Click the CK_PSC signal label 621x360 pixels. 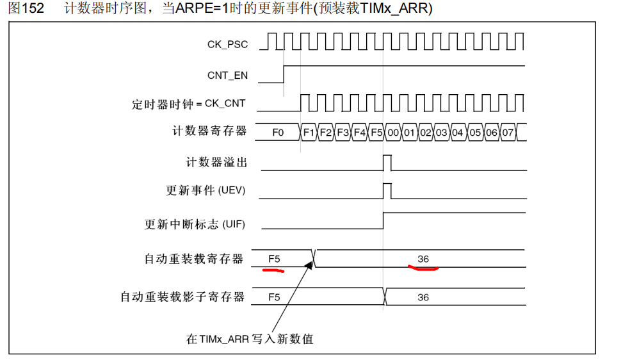(x=227, y=44)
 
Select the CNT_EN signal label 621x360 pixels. (x=227, y=75)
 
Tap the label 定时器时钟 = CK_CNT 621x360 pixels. (x=189, y=103)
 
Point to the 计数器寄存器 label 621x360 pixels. (x=209, y=131)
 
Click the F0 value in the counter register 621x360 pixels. (x=278, y=133)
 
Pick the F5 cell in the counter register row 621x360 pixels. (x=376, y=133)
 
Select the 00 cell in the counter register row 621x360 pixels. (x=392, y=133)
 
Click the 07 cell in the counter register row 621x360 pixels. (x=508, y=133)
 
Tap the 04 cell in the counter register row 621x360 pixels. (x=458, y=133)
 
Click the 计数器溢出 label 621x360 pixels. (x=216, y=163)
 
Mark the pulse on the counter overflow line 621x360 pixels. (x=387, y=163)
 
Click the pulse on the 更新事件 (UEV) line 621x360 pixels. (x=387, y=191)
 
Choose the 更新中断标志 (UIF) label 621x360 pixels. (x=195, y=224)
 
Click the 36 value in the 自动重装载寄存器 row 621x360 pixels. (x=423, y=259)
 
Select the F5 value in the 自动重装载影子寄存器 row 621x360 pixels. (x=274, y=297)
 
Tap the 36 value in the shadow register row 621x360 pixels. (x=423, y=297)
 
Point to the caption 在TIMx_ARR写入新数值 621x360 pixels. (x=250, y=340)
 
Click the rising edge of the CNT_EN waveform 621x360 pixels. (x=284, y=74)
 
